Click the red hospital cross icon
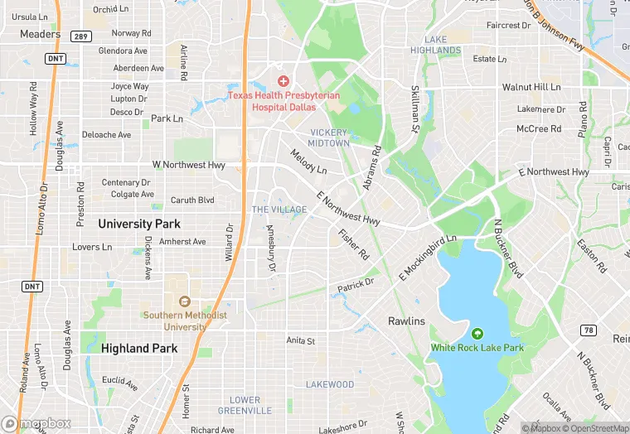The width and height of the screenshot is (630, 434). pyautogui.click(x=283, y=81)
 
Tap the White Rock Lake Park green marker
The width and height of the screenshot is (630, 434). pyautogui.click(x=477, y=334)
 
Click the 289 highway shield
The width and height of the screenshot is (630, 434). pyautogui.click(x=80, y=36)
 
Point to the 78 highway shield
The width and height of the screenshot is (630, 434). pyautogui.click(x=589, y=330)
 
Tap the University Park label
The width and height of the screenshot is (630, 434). pyautogui.click(x=139, y=224)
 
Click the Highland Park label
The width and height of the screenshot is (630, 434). pyautogui.click(x=139, y=349)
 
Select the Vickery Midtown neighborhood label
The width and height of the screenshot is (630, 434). pyautogui.click(x=329, y=137)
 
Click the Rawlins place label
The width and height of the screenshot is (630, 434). pyautogui.click(x=406, y=321)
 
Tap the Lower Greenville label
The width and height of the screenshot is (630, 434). pyautogui.click(x=245, y=405)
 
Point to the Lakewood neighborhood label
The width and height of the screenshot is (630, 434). pyautogui.click(x=330, y=384)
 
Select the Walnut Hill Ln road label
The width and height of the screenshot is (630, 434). pyautogui.click(x=531, y=87)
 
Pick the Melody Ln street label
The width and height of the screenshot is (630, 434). pyautogui.click(x=308, y=161)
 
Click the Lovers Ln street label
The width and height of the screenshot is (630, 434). pyautogui.click(x=91, y=247)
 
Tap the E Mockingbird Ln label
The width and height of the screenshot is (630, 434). pyautogui.click(x=428, y=257)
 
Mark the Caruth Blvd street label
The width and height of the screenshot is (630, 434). pyautogui.click(x=192, y=200)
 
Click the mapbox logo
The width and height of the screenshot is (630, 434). pyautogui.click(x=36, y=424)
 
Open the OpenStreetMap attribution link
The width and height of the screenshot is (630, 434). pyautogui.click(x=597, y=428)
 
